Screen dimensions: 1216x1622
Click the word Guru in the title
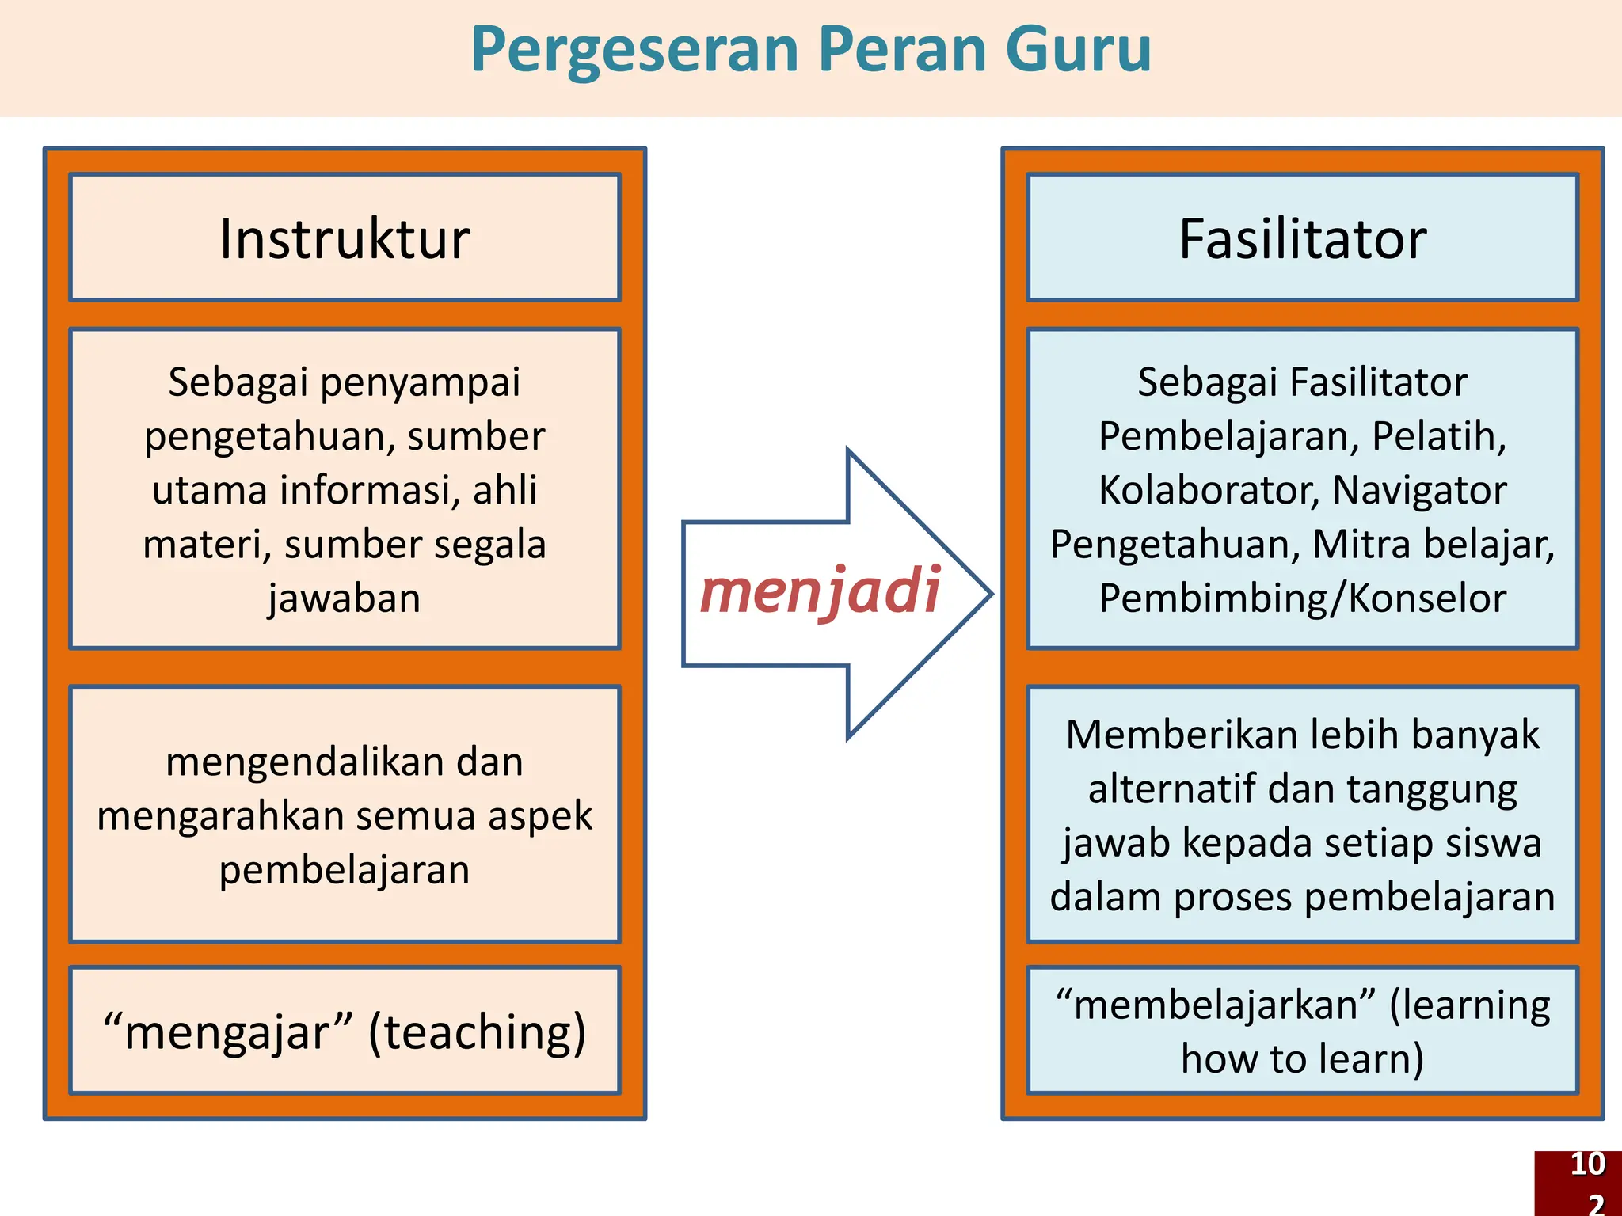1078,49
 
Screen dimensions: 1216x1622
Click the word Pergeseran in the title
634,51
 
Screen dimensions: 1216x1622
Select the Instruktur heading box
345,238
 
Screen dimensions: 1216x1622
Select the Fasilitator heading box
1302,238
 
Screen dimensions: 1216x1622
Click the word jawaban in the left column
345,598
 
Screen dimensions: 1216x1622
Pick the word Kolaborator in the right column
1209,490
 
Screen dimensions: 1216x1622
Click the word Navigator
1419,490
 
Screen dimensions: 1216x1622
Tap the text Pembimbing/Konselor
1302,598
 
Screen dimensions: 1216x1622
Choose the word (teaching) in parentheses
477,1032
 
